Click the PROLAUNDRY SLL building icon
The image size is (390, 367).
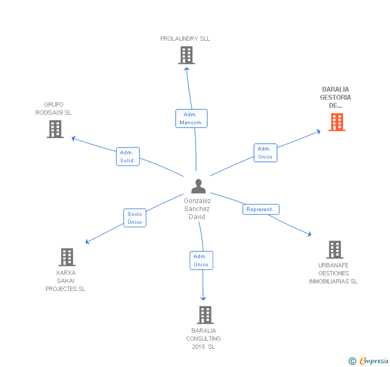[x=186, y=55]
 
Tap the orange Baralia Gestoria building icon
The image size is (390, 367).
[x=336, y=122]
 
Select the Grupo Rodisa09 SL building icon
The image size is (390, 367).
[x=55, y=129]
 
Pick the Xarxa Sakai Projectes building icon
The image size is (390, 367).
[x=67, y=257]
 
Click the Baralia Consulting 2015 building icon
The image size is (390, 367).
[x=205, y=315]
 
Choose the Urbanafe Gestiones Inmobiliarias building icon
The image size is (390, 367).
[x=335, y=250]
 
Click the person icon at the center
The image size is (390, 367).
[x=198, y=186]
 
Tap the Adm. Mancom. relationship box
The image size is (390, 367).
[x=191, y=118]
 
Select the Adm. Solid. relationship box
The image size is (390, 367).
[x=128, y=156]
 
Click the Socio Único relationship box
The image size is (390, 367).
[x=134, y=218]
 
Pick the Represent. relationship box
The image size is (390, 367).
[x=261, y=209]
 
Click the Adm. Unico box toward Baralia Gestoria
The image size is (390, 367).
[x=265, y=153]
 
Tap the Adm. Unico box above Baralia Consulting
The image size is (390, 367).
[x=201, y=260]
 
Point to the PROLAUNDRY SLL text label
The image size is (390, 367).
[x=185, y=39]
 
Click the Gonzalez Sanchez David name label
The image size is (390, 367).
[x=197, y=209]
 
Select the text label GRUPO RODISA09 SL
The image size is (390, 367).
[x=54, y=109]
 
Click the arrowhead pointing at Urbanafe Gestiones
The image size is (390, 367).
[x=309, y=234]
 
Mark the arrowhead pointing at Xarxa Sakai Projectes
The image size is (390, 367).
[x=87, y=242]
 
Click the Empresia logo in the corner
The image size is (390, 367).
[x=373, y=361]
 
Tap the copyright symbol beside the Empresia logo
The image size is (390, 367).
[x=352, y=361]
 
